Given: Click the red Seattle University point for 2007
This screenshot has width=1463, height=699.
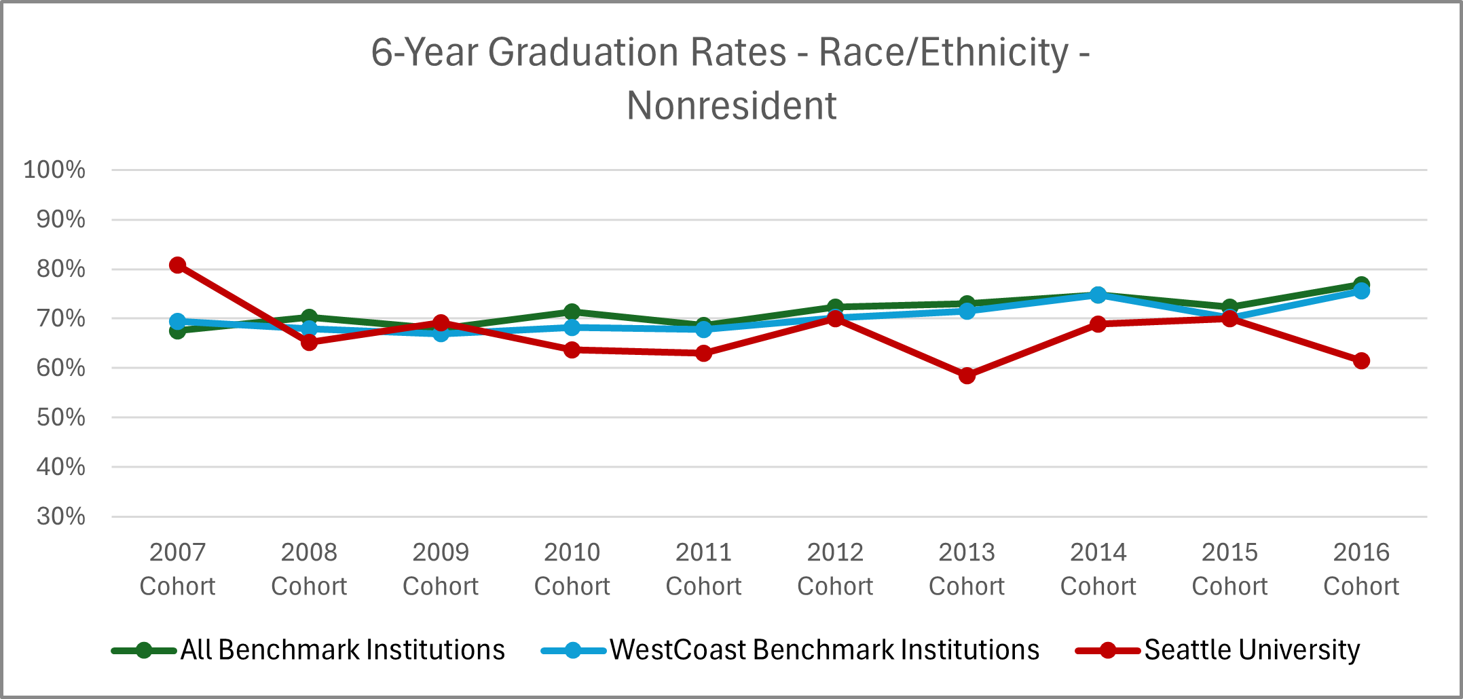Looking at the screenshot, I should pos(178,265).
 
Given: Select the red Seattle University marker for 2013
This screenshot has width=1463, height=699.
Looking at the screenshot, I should pos(967,375).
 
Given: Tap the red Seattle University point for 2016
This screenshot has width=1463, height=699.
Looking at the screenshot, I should pos(1361,360).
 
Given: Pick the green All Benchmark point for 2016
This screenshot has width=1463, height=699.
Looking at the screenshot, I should pos(1361,284).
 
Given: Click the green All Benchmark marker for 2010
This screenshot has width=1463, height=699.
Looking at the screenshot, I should pos(572,311).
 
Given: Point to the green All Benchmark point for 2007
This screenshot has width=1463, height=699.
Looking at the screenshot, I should pos(178,330).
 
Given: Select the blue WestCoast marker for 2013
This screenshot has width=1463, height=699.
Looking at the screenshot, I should pos(967,311).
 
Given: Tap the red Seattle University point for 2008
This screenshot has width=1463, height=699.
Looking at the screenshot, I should pos(309,342).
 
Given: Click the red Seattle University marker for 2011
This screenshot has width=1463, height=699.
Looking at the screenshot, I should pos(704,353).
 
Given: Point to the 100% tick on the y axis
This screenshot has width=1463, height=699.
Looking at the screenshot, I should pos(54,170).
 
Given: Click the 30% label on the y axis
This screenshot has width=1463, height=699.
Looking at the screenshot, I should pos(61,516).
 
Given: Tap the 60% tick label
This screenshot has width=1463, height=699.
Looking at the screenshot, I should pos(61,368).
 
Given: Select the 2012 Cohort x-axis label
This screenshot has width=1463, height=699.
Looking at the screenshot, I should pos(835,569).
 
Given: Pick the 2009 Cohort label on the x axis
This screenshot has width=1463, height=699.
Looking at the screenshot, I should pos(441,569).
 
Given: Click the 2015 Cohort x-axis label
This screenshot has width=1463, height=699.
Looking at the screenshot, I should pos(1229,569).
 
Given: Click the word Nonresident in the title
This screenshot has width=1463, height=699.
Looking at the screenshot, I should pos(731,106).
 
